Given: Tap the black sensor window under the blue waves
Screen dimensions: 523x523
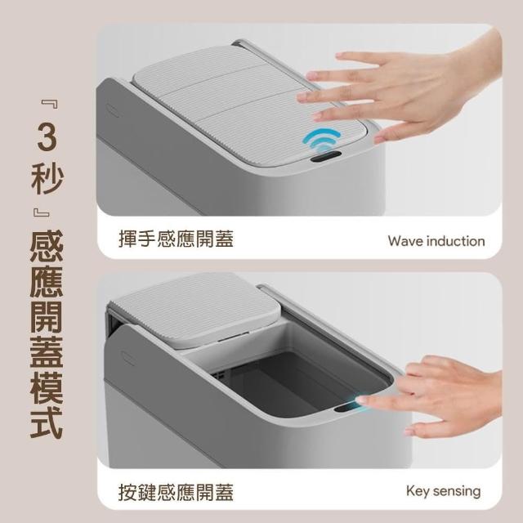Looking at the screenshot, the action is click(326, 156).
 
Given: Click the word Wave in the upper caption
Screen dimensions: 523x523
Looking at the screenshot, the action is click(405, 241).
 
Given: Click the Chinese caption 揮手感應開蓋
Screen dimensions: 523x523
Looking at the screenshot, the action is click(177, 239).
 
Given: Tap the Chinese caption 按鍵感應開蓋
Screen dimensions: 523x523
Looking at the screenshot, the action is click(177, 492).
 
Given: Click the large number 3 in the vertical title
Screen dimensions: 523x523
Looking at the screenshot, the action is click(47, 137).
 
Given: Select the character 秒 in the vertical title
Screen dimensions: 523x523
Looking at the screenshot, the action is click(47, 178).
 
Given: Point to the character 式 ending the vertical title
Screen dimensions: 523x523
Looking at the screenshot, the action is click(47, 422).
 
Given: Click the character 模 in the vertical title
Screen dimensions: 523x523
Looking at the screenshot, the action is click(47, 387).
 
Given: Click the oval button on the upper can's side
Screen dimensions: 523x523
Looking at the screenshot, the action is click(113, 110).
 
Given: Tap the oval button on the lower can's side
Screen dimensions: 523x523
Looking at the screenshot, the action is click(128, 358).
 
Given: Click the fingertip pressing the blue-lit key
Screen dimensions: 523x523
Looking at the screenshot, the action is click(361, 400).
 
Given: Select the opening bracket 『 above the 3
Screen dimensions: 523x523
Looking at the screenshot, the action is click(51, 104).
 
